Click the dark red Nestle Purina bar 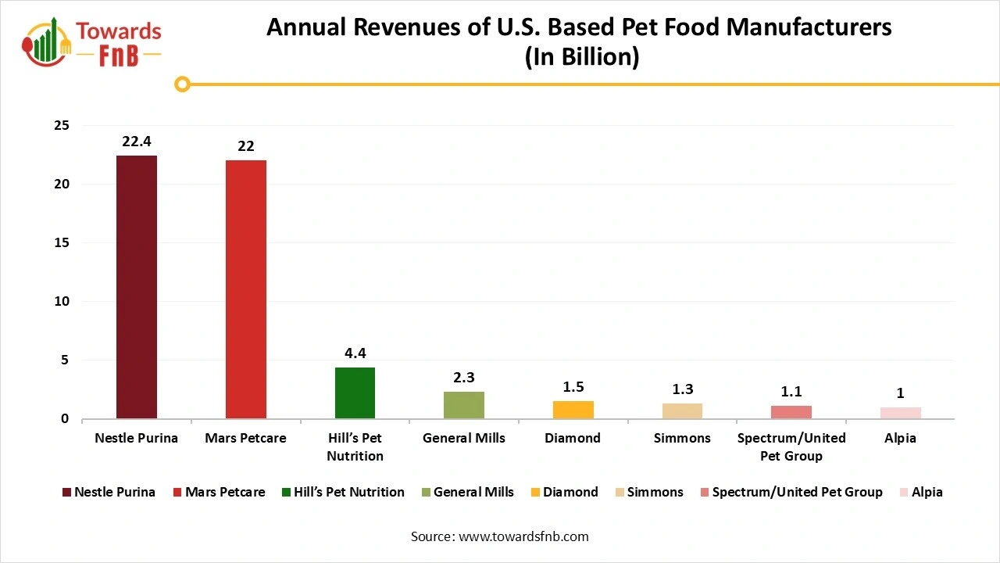click(x=137, y=287)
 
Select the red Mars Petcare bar click(x=246, y=289)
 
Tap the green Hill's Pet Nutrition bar click(x=355, y=393)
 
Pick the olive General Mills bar click(x=464, y=405)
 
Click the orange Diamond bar click(x=573, y=410)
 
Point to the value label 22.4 click(x=137, y=142)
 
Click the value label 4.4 click(x=355, y=353)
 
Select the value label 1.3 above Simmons click(x=682, y=389)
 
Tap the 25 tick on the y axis click(x=61, y=126)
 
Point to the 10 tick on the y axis click(x=61, y=302)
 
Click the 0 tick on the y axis click(x=65, y=419)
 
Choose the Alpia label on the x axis click(x=901, y=438)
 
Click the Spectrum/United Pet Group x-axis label click(x=791, y=446)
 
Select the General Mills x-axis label click(x=464, y=438)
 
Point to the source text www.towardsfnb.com click(x=523, y=536)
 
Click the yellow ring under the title click(x=182, y=84)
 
